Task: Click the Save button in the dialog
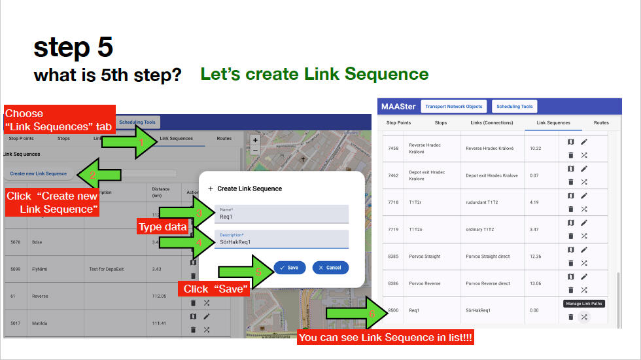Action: tap(290, 267)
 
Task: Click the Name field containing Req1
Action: tap(281, 214)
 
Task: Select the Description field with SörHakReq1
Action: tap(281, 239)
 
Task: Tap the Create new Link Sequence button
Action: tap(39, 173)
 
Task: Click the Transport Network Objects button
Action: tap(453, 107)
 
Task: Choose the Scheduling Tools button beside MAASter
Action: tap(515, 107)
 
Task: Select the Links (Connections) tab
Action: tap(491, 122)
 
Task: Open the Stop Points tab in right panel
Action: tap(398, 122)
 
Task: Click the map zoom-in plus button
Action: tap(255, 139)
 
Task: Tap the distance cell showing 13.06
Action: tap(535, 283)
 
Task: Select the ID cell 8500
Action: tap(393, 310)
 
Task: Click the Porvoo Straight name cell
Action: tap(424, 257)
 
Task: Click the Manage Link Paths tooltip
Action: tap(584, 304)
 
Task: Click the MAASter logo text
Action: tap(398, 107)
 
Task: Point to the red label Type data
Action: tap(162, 226)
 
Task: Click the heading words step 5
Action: tap(73, 48)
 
